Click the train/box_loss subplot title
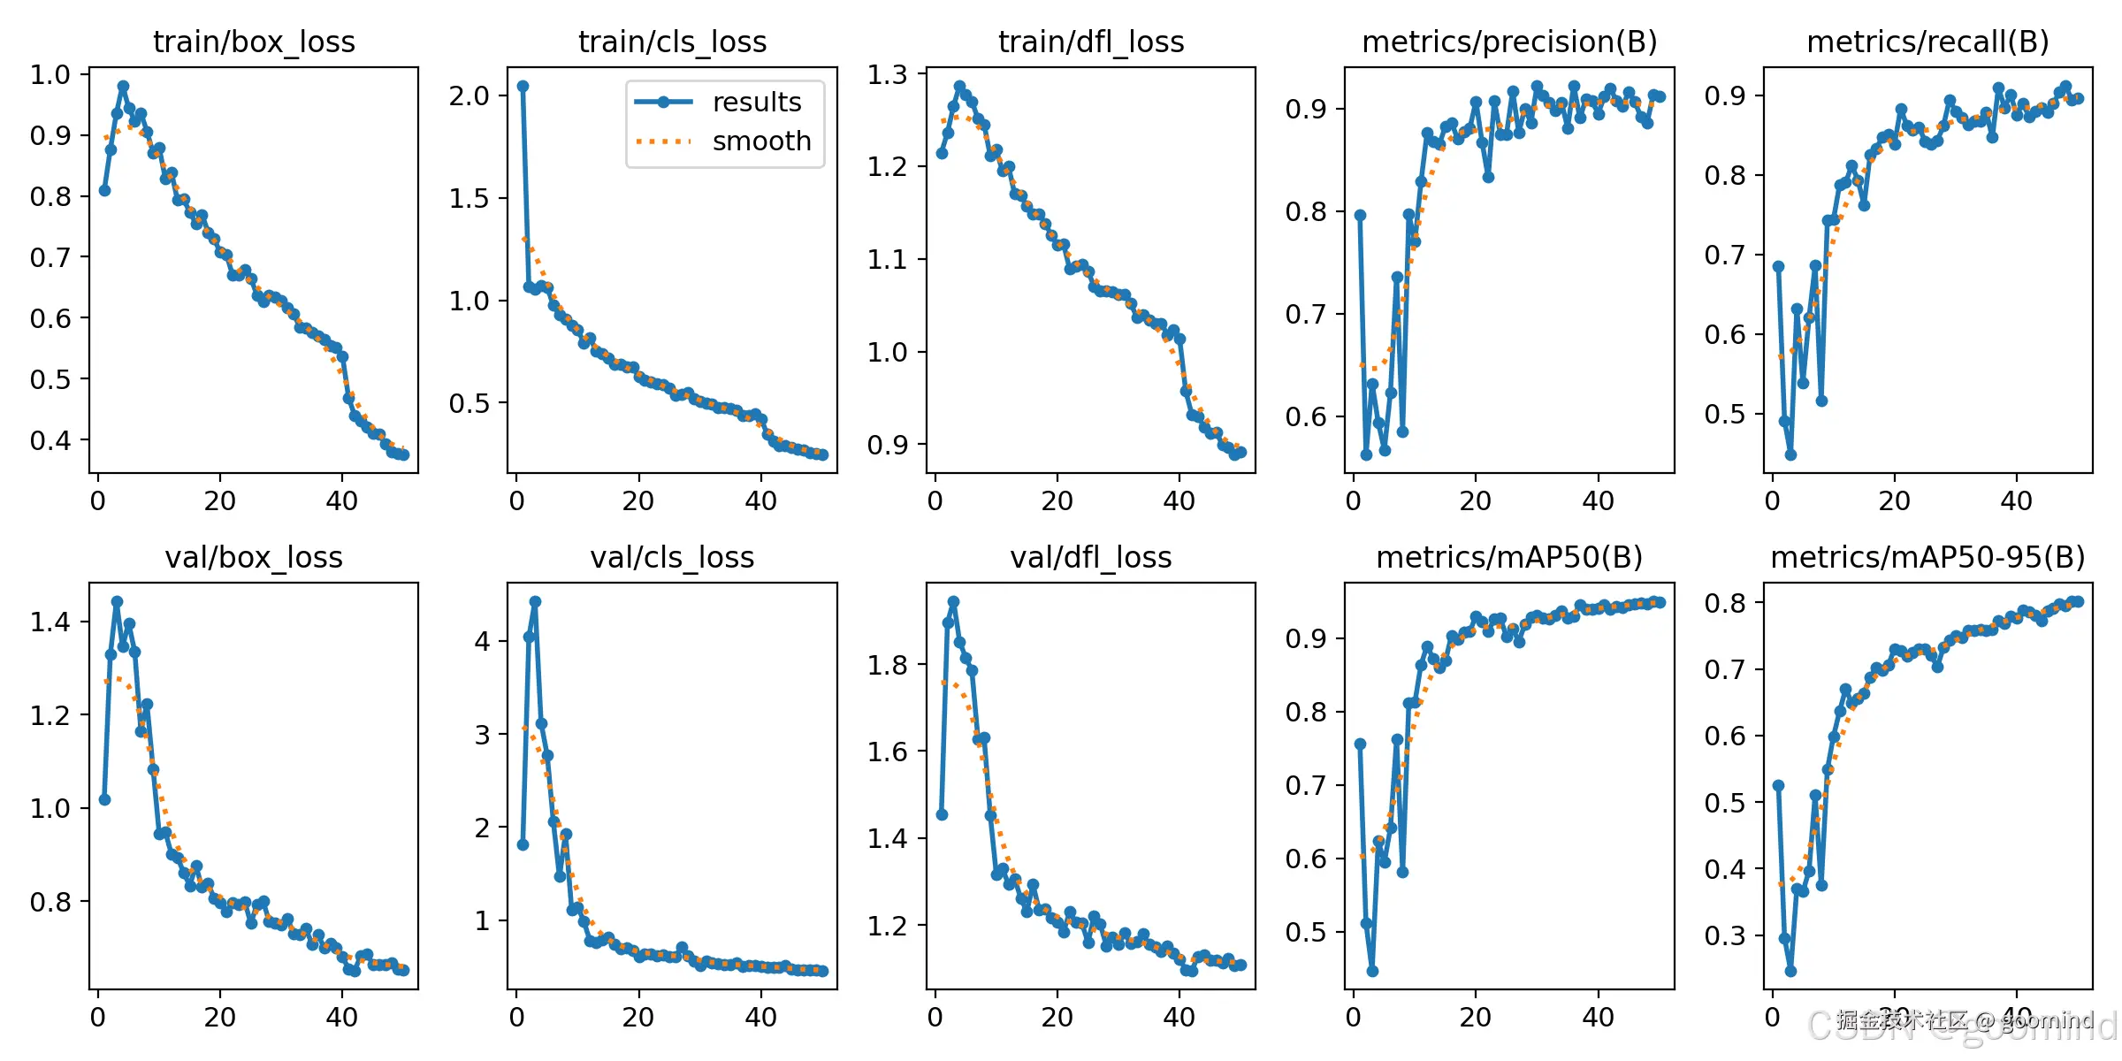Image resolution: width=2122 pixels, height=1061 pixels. (254, 42)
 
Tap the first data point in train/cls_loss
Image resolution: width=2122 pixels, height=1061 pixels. (523, 86)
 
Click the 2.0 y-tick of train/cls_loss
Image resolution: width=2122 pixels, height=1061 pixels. (469, 95)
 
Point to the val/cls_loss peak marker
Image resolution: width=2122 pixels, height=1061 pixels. (535, 601)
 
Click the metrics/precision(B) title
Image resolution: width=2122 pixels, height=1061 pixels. (1509, 42)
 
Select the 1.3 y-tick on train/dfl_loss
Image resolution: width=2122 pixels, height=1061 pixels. (888, 74)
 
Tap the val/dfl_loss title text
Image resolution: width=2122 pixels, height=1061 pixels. (1091, 557)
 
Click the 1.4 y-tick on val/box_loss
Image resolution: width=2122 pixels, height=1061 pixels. (50, 622)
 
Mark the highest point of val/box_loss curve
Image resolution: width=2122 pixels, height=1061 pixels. (117, 601)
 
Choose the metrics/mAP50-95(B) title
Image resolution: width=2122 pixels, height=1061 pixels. (1927, 557)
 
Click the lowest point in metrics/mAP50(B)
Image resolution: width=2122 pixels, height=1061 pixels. (1372, 971)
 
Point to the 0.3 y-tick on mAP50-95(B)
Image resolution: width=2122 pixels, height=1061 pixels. (1725, 935)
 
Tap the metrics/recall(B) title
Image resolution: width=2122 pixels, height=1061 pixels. (1927, 42)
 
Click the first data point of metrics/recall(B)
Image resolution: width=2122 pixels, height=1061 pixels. (1778, 266)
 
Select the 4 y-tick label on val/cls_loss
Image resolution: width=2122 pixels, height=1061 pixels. (482, 641)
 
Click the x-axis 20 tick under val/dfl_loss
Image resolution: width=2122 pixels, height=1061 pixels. (1057, 1018)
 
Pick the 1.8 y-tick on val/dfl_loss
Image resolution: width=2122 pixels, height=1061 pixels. (888, 665)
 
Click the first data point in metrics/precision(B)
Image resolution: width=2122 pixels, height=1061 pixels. (1360, 215)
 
